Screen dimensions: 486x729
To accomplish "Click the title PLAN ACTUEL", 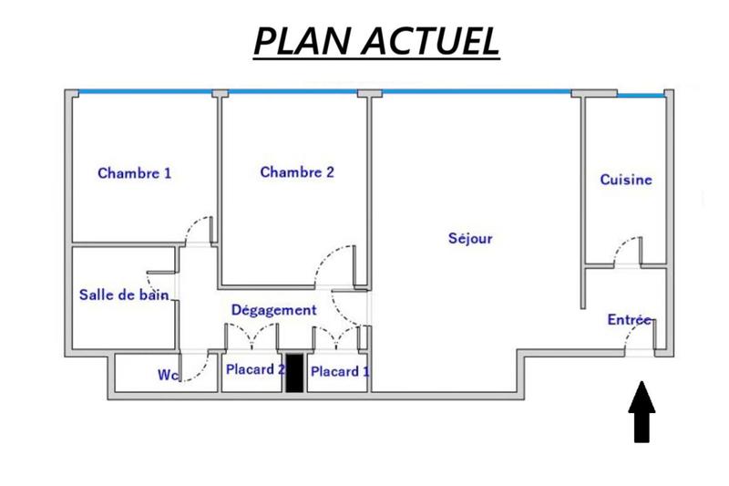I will pyautogui.click(x=376, y=41).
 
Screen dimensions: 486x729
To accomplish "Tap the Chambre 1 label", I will pyautogui.click(x=134, y=173).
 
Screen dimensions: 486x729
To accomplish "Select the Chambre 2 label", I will pyautogui.click(x=297, y=171).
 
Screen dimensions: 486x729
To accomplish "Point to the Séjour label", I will pyautogui.click(x=470, y=239).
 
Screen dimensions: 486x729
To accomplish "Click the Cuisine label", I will pyautogui.click(x=626, y=180).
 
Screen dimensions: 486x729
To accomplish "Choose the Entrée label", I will pyautogui.click(x=630, y=320).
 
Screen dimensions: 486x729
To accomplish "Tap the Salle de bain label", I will pyautogui.click(x=125, y=294).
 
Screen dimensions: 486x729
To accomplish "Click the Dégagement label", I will pyautogui.click(x=273, y=310).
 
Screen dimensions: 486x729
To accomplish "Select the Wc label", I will pyautogui.click(x=167, y=374).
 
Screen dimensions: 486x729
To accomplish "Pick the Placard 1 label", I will pyautogui.click(x=340, y=371).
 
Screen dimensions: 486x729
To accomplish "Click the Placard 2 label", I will pyautogui.click(x=256, y=369).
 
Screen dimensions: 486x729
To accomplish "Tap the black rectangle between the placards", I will pyautogui.click(x=294, y=373).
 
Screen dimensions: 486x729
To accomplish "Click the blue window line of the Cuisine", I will pyautogui.click(x=642, y=94).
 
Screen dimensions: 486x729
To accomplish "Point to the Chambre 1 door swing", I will pyautogui.click(x=195, y=230).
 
